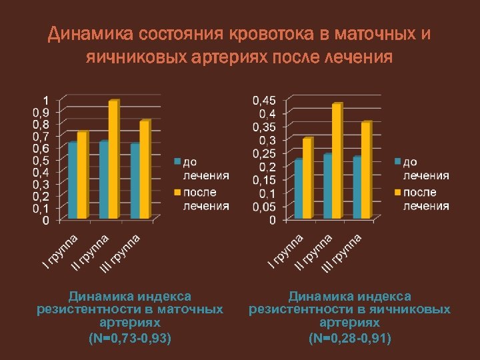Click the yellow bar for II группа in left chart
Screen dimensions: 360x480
113,160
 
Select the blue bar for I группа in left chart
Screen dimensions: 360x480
72,181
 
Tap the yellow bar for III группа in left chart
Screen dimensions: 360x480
144,170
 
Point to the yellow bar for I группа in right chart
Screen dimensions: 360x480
306,179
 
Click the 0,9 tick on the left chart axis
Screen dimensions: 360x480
41,113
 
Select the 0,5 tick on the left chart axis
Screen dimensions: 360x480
41,161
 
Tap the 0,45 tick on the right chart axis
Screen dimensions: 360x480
263,100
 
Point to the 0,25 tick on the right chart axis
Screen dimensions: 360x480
263,153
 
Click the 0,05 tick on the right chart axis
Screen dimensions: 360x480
263,207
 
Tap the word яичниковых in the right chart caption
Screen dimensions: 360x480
407,309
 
